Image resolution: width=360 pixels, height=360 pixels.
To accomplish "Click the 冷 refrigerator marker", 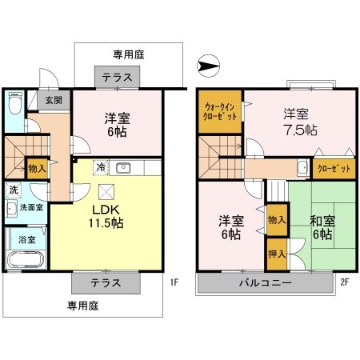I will pos(101,168).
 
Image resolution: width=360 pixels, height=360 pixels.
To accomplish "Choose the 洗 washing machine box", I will pos(14,191).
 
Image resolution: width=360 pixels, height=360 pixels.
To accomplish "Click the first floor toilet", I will pos(15,105).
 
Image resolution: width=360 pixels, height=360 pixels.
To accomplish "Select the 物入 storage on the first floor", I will pos(37,168).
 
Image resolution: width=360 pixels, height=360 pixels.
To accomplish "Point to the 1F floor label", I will pos(174,282).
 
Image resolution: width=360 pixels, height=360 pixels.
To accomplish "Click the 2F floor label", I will pos(345,282).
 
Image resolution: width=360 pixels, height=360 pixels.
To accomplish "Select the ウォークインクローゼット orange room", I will pos(220,112).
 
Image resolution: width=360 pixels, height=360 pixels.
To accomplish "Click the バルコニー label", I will pos(263,282).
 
